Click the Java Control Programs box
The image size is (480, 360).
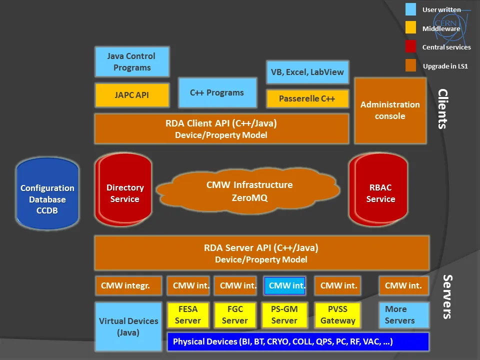132,61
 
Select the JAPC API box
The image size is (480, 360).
132,95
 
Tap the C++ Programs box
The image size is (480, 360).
217,93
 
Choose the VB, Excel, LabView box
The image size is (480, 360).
307,72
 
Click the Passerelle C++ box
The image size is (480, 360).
307,98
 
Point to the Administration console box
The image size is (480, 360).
390,110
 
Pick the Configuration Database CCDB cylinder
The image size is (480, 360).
47,193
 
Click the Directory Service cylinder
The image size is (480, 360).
123,190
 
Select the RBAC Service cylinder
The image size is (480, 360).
378,190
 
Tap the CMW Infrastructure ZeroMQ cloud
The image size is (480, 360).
248,190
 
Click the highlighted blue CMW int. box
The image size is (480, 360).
284,285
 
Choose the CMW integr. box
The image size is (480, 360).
128,285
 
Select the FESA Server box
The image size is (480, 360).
188,315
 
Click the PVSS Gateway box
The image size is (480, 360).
337,315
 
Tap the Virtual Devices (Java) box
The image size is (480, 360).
128,326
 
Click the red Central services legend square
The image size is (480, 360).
410,46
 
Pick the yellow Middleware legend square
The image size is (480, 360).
410,27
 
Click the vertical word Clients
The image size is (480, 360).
443,109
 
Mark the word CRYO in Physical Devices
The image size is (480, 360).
278,341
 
